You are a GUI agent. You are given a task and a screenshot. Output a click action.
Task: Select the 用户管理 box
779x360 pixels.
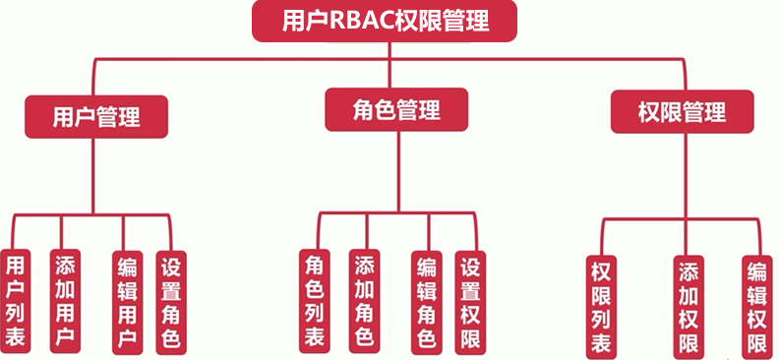pyautogui.click(x=95, y=117)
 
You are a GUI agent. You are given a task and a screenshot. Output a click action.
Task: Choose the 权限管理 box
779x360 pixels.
pyautogui.click(x=682, y=111)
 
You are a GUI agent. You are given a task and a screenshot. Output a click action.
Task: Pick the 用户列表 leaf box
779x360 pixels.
pyautogui.click(x=16, y=300)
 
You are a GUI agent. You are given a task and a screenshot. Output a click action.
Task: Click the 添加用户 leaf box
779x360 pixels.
pyautogui.click(x=65, y=300)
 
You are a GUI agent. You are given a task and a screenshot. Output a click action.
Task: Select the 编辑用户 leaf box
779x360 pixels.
pyautogui.click(x=126, y=300)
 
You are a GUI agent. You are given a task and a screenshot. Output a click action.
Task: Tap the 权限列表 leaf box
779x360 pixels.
pyautogui.click(x=601, y=305)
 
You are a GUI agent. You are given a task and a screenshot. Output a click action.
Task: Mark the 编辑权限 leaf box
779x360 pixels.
pyautogui.click(x=756, y=305)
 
